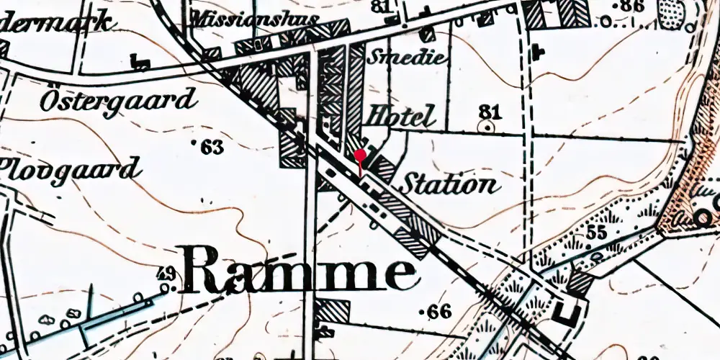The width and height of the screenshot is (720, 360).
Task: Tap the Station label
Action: (x=449, y=185)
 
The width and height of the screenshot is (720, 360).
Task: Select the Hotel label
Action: (x=402, y=116)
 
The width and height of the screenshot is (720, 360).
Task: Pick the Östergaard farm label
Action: (x=118, y=100)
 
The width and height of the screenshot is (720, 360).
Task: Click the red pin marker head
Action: (x=360, y=155)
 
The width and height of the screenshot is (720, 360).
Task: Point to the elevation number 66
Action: (x=438, y=312)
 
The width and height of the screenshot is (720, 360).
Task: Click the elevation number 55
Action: (x=595, y=233)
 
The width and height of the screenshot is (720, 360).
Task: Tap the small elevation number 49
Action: (x=166, y=274)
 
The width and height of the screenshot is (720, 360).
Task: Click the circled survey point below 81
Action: (x=490, y=126)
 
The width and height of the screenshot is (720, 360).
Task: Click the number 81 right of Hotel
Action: (x=490, y=111)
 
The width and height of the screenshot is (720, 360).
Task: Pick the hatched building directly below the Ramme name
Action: (x=333, y=310)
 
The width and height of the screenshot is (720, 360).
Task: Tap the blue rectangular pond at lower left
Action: (x=115, y=317)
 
